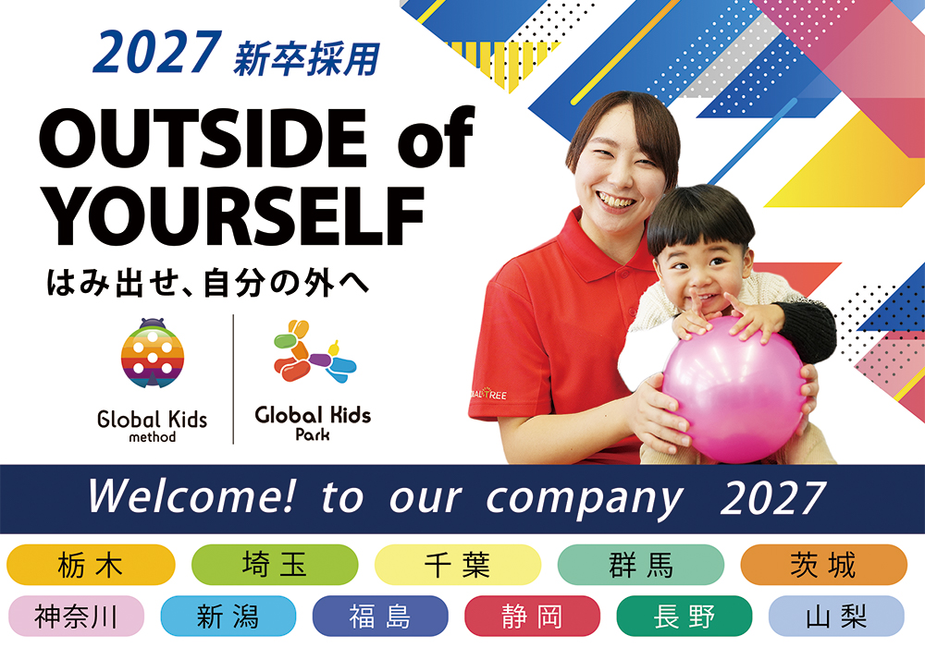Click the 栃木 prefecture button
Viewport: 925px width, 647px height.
click(x=90, y=565)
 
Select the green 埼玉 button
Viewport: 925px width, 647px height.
click(x=274, y=565)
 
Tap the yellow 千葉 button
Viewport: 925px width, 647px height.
click(x=457, y=565)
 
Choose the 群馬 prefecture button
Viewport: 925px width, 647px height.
click(x=641, y=565)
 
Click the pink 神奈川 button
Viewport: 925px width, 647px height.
click(x=76, y=616)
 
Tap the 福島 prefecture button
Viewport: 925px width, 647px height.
click(x=379, y=616)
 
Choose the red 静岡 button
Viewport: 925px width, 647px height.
click(x=532, y=616)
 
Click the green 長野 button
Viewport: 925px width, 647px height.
click(x=684, y=616)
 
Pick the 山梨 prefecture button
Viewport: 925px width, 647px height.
click(x=835, y=616)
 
